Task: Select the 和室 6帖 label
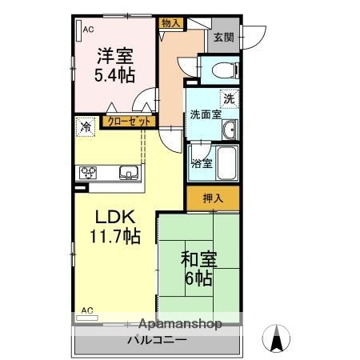[x=196, y=270]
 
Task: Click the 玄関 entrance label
[x=222, y=36]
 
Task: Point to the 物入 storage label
[x=170, y=24]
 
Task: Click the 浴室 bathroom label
[x=201, y=164]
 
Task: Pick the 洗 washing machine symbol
[x=229, y=99]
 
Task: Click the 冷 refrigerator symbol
[x=85, y=126]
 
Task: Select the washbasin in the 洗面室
[x=229, y=130]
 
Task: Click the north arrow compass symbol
[x=276, y=338]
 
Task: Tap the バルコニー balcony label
[x=157, y=339]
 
